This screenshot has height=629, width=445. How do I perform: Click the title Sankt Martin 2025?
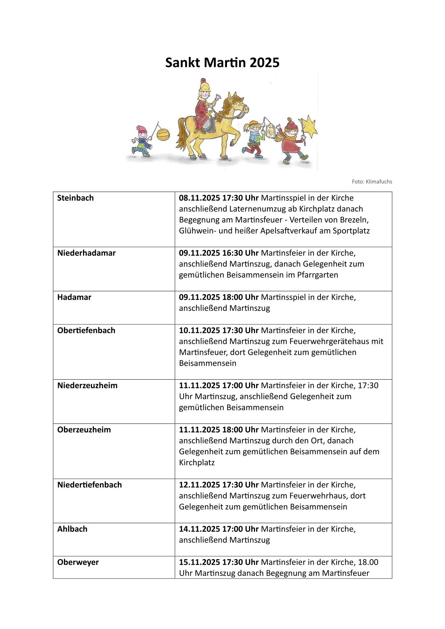click(222, 62)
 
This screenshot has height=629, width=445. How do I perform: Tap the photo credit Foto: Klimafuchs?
click(372, 182)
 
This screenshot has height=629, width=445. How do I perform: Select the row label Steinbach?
click(76, 198)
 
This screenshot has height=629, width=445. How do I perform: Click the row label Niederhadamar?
click(86, 253)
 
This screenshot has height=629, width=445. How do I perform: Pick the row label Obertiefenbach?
click(86, 330)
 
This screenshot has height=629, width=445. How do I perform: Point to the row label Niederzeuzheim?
click(87, 385)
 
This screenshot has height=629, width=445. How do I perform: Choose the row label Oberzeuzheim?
click(84, 429)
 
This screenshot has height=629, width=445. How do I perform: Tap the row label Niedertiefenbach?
click(89, 485)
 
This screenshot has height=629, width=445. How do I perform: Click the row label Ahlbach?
click(72, 529)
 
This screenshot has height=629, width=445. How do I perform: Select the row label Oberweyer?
click(78, 562)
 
